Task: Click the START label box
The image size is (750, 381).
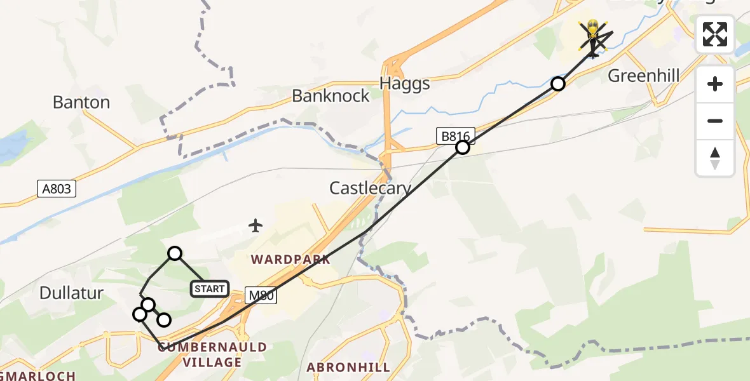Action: pyautogui.click(x=209, y=289)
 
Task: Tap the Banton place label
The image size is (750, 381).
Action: pyautogui.click(x=81, y=102)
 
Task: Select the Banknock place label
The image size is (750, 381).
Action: pyautogui.click(x=331, y=96)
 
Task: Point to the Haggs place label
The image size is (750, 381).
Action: pyautogui.click(x=404, y=83)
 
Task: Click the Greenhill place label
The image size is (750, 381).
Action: pyautogui.click(x=644, y=76)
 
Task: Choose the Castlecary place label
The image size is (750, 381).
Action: pyautogui.click(x=370, y=188)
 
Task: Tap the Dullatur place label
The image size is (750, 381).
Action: pyautogui.click(x=71, y=293)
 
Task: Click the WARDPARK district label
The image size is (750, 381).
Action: pyautogui.click(x=290, y=259)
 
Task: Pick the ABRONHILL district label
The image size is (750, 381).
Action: pyautogui.click(x=348, y=367)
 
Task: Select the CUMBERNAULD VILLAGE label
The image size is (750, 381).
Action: pyautogui.click(x=212, y=355)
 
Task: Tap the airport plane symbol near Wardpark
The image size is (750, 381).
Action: pyautogui.click(x=256, y=225)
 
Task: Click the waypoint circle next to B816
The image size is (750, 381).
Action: pyautogui.click(x=463, y=147)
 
